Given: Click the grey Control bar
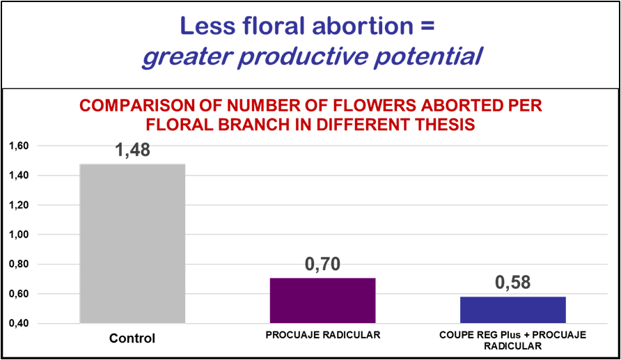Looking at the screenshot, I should pos(133,243).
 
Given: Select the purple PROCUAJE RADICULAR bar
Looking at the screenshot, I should pos(322,300).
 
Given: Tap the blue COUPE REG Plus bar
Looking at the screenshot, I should pos(512,310).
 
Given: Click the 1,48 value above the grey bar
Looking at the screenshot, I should pos(133,151).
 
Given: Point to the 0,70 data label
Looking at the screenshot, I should pos(322,265).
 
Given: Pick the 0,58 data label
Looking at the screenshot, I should pos(512,283).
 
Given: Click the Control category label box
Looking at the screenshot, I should pos(132,339).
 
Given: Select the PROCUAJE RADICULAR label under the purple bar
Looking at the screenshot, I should pos(323,335).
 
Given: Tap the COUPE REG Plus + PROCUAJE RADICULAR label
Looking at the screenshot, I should pos(513,340).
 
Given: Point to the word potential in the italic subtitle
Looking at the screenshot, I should pos(429,56).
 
